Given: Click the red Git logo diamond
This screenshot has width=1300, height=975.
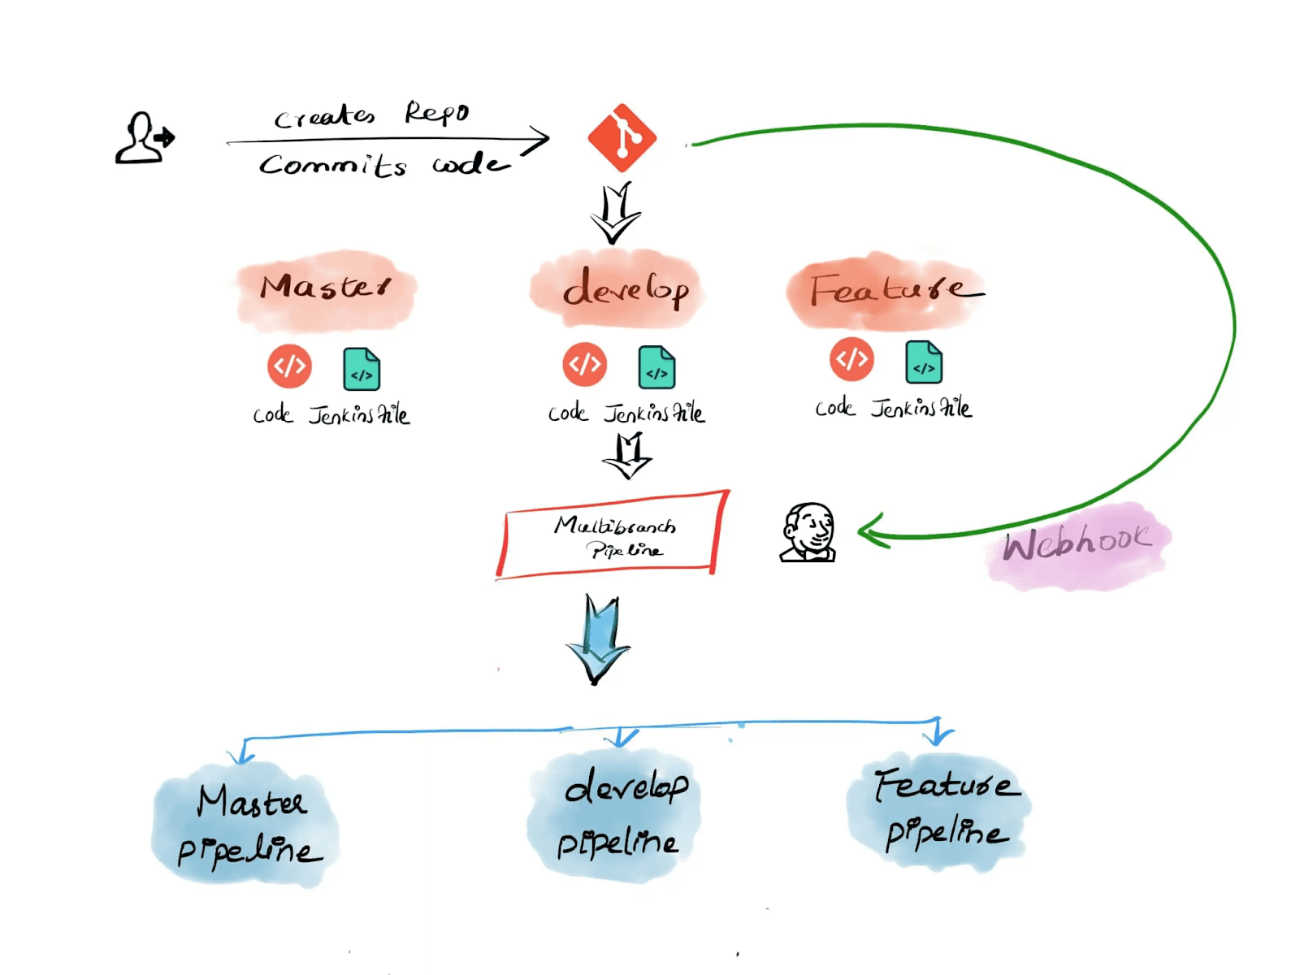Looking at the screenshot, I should click(x=622, y=137).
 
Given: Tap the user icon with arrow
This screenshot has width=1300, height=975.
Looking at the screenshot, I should click(x=144, y=139).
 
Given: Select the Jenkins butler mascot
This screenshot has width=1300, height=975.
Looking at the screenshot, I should click(x=808, y=533).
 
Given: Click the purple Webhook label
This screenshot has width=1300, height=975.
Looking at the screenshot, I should click(x=1077, y=543).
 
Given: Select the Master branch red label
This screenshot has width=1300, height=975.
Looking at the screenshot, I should click(x=325, y=289).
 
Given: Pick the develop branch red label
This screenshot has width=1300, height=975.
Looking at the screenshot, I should click(x=623, y=289).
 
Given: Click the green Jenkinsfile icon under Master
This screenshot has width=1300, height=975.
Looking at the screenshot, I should click(x=362, y=370).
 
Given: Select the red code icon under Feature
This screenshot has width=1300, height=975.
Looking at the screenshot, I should click(x=851, y=358).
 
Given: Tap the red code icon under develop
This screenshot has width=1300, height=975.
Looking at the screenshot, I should click(x=585, y=365).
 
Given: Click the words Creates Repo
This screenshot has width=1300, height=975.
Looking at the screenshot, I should click(x=371, y=115).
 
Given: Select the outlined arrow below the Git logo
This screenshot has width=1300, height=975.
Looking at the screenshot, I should click(x=615, y=213).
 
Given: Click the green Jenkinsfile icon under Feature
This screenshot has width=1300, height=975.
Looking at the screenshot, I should click(x=924, y=362).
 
